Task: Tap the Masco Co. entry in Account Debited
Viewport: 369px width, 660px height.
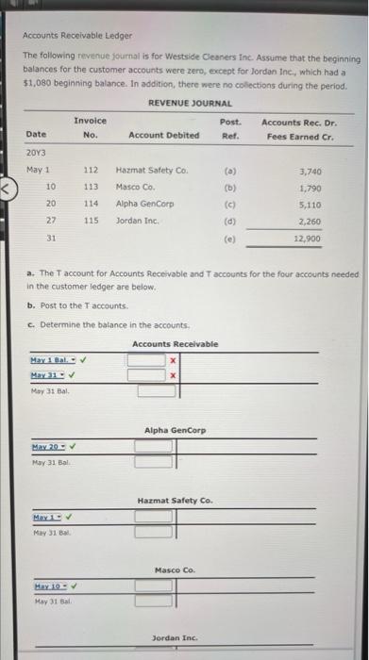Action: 134,187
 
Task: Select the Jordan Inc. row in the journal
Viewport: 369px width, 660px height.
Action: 137,220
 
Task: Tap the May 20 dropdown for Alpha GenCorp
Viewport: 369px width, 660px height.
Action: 51,445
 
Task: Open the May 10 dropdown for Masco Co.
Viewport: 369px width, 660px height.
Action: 51,585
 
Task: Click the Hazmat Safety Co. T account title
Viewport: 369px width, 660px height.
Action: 175,500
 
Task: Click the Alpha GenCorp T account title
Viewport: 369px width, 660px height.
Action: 176,430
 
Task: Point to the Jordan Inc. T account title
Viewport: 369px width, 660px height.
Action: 176,638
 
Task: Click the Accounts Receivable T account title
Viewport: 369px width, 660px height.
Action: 175,344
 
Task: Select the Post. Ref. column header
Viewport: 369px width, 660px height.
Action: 230,128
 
